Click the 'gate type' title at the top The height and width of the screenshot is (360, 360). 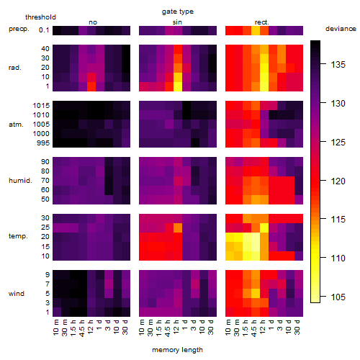(x=178, y=12)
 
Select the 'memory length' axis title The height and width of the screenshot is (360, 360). (x=178, y=350)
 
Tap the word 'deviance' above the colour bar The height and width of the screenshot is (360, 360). (x=341, y=29)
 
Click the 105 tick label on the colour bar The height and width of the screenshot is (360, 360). (x=338, y=297)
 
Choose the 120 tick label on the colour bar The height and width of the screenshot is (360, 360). (x=338, y=181)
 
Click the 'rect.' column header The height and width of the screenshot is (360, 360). (x=262, y=22)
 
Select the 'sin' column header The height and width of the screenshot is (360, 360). (x=177, y=22)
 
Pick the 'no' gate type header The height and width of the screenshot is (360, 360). (x=93, y=22)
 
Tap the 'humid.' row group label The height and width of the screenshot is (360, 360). (x=20, y=181)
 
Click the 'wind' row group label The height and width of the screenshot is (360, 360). (x=17, y=294)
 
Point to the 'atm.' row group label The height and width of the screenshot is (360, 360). (x=16, y=125)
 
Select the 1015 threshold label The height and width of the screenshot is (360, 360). (x=41, y=106)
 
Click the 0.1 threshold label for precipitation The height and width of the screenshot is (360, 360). (x=44, y=30)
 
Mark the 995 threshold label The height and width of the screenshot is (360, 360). (x=43, y=143)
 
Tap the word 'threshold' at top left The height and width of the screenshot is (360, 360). (x=40, y=17)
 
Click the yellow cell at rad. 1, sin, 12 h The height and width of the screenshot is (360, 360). (x=178, y=86)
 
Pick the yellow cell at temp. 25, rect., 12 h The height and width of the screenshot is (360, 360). (x=264, y=228)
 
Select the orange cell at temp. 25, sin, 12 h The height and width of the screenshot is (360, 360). (x=178, y=228)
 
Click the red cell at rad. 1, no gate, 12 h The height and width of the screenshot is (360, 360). (x=91, y=86)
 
